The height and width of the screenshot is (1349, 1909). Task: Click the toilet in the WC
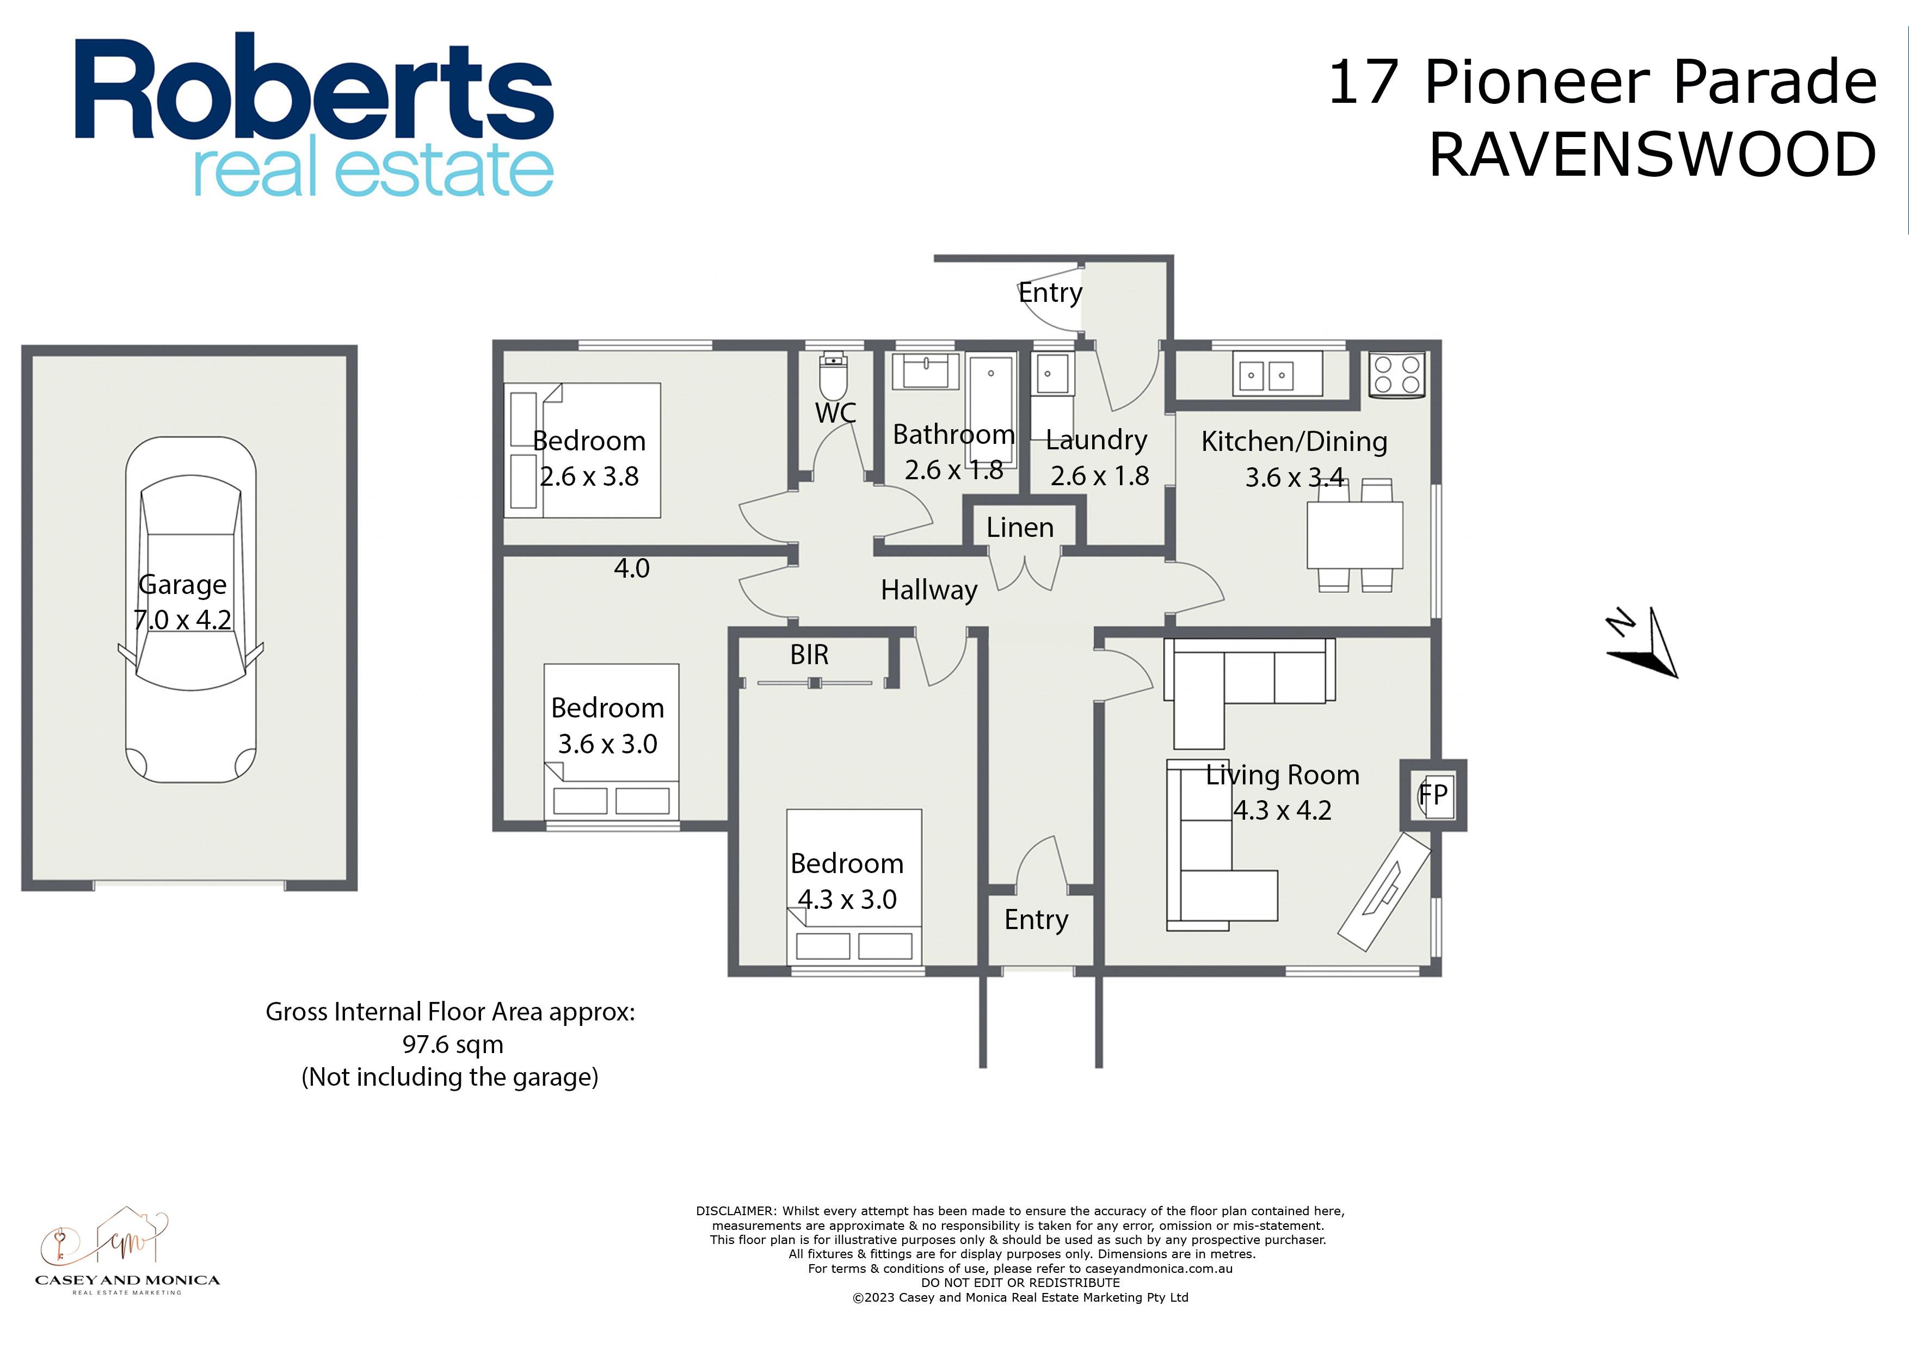click(833, 378)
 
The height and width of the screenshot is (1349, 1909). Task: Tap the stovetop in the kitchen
click(1397, 374)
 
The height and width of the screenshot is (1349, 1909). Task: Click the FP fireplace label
click(1433, 795)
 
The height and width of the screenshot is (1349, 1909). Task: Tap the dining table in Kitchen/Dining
click(1354, 535)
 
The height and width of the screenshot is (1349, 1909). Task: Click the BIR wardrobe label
click(809, 655)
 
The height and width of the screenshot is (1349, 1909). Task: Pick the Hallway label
click(929, 590)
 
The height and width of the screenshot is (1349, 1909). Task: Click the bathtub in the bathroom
click(991, 411)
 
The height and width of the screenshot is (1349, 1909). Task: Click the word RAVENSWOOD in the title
click(1653, 154)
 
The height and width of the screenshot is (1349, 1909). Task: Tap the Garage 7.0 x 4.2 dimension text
click(182, 602)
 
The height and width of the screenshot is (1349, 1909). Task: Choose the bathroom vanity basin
click(926, 371)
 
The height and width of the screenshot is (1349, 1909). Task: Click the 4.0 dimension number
click(631, 568)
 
